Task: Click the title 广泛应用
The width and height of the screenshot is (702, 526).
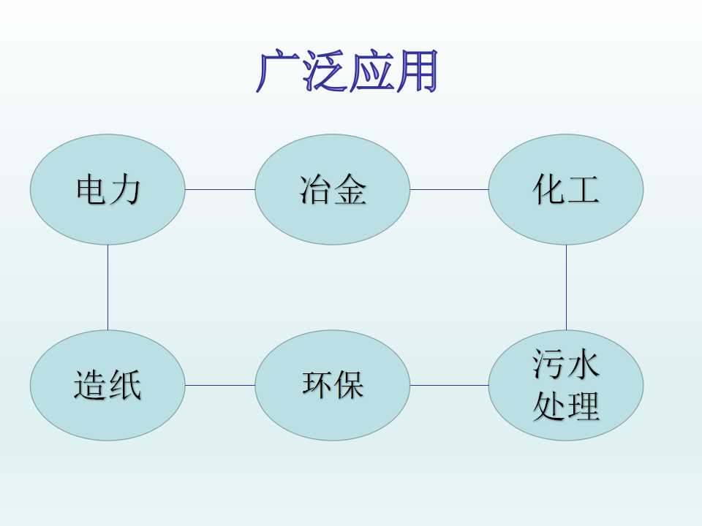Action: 347,72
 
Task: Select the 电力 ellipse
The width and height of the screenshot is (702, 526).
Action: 107,190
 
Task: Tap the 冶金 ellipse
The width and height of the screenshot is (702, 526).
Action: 333,190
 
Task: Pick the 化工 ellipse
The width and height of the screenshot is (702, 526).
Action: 566,190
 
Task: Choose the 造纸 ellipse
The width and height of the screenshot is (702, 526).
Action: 107,385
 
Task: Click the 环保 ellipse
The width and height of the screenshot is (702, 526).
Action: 333,385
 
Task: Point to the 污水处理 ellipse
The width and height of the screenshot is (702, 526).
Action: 566,385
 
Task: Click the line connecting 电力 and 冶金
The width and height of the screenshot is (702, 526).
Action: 220,189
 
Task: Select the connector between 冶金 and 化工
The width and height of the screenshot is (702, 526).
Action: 449,189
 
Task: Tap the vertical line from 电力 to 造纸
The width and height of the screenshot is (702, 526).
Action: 108,287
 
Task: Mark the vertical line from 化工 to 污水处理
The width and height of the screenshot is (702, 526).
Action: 566,287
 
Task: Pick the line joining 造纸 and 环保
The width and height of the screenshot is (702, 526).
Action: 220,385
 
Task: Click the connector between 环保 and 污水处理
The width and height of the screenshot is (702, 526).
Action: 449,385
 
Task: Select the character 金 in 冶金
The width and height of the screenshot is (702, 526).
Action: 350,190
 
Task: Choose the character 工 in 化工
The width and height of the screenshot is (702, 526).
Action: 583,190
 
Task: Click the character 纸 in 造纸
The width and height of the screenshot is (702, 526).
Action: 125,385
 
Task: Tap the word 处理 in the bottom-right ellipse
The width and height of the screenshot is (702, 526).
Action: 566,406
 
